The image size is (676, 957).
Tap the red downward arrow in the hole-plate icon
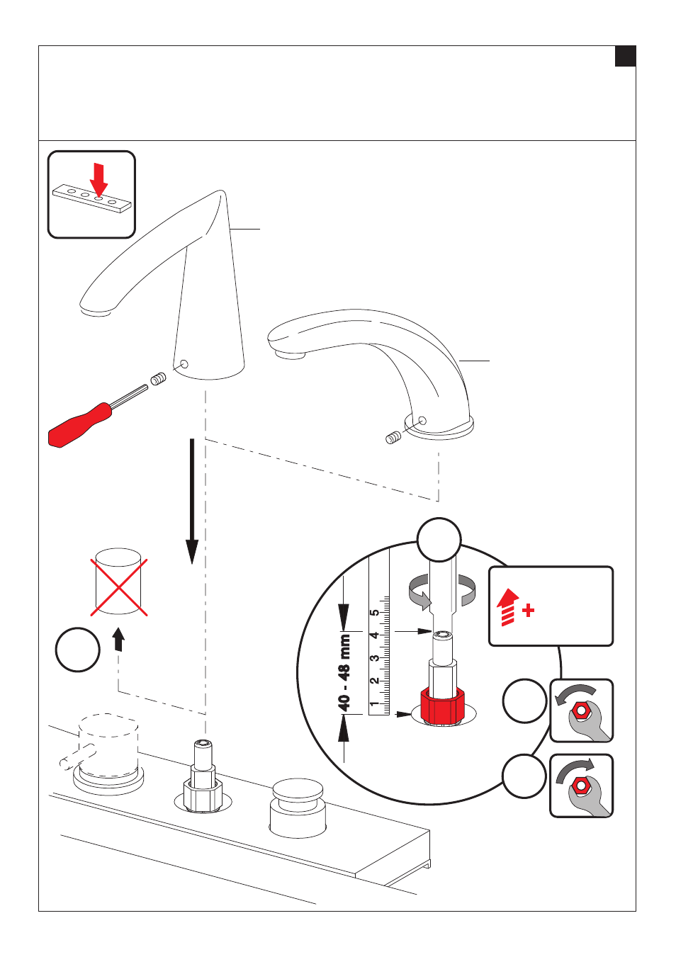[98, 180]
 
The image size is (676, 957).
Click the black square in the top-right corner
[625, 57]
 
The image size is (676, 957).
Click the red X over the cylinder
[119, 587]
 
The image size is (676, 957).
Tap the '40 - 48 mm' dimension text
[344, 673]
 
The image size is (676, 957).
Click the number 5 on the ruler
[374, 613]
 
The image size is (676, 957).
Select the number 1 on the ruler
[374, 703]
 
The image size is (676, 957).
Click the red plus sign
[528, 611]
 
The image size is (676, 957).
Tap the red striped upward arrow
[507, 607]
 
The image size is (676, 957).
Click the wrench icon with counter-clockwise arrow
[581, 710]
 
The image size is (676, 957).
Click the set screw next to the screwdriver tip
[158, 378]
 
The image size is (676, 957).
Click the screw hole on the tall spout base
[185, 364]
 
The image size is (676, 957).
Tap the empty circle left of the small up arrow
[78, 650]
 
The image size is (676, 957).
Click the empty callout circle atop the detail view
[439, 540]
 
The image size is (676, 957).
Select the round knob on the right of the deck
[298, 808]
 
